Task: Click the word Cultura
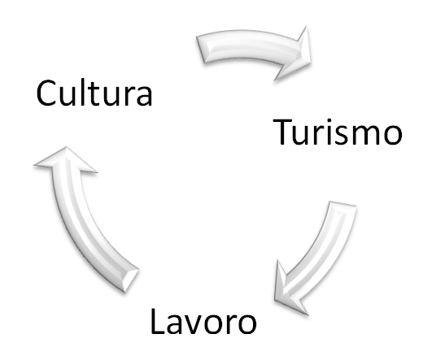tap(94, 93)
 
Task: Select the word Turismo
tap(338, 132)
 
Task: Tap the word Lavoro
tap(203, 321)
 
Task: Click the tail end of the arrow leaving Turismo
tap(343, 204)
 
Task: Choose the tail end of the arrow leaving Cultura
tap(200, 50)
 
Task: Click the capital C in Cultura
tap(46, 93)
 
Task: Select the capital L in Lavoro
tap(159, 321)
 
